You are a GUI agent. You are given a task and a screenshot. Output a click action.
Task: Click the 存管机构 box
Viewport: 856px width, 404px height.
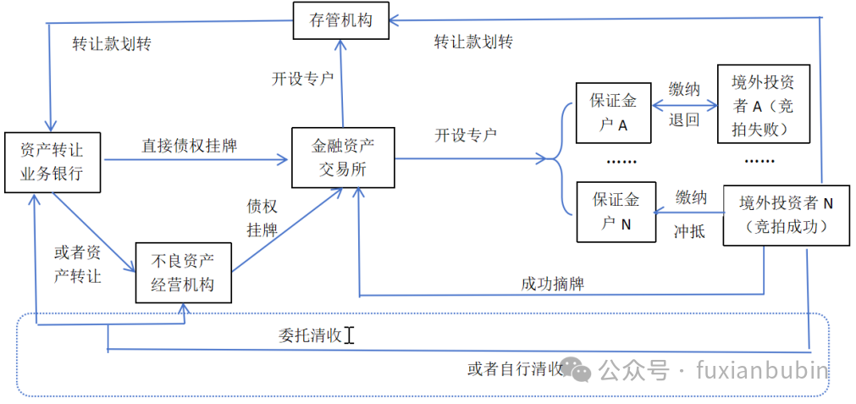pos(342,20)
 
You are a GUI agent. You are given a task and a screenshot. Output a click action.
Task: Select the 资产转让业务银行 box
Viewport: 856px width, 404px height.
pos(52,162)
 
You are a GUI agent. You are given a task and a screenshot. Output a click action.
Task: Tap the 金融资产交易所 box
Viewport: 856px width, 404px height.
pos(342,157)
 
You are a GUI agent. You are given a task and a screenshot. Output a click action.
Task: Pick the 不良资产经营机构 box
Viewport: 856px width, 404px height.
pos(182,273)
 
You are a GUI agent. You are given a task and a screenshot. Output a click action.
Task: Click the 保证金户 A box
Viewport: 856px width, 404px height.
pos(615,113)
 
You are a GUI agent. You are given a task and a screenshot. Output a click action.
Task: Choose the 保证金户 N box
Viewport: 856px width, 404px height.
pos(615,211)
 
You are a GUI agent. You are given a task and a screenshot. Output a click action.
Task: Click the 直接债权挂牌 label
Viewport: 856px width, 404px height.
pos(189,146)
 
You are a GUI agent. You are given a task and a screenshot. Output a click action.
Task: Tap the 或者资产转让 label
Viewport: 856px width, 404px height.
pos(78,263)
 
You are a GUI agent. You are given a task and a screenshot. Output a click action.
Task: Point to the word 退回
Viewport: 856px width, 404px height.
pos(683,119)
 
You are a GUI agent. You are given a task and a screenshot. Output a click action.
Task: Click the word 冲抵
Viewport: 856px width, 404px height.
pos(689,231)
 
